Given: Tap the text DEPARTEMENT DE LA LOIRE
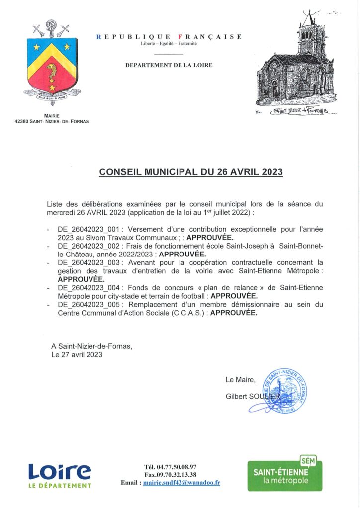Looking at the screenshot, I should [x=169, y=65].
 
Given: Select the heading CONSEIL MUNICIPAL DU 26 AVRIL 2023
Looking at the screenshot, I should [x=191, y=172].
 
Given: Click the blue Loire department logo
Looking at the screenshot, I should [x=60, y=475].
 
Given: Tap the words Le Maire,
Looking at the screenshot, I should [x=240, y=380].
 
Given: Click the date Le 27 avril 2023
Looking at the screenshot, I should [x=77, y=355].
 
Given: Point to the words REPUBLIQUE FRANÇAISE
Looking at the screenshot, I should [x=169, y=37].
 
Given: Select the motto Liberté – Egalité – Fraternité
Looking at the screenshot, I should [x=169, y=44].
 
